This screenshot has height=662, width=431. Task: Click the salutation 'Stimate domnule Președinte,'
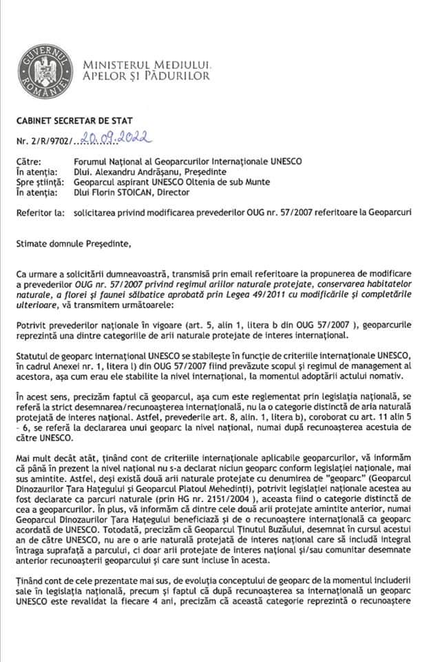[x=76, y=243]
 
